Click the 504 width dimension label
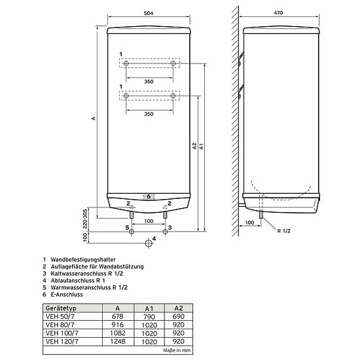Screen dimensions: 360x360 click(149, 13)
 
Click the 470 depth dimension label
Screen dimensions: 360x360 click(278, 13)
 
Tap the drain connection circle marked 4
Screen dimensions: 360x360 click(149, 243)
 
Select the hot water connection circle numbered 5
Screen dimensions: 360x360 click(132, 232)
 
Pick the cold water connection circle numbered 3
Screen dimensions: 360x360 click(165, 232)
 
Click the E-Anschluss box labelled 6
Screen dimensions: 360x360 click(149, 196)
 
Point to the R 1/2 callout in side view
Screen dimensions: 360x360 click(283, 231)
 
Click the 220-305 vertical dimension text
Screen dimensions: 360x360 click(85, 219)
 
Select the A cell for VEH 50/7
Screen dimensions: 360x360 click(118, 316)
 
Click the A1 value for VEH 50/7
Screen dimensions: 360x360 click(149, 317)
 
